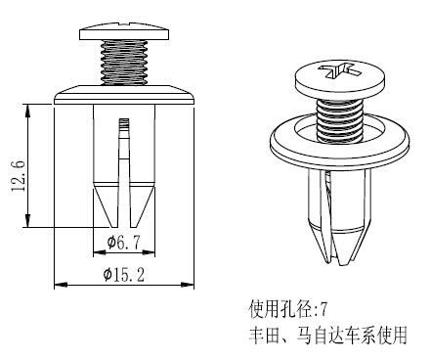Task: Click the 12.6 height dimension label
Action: [x=19, y=176]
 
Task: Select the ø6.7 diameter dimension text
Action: [x=124, y=243]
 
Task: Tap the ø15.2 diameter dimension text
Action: [x=124, y=274]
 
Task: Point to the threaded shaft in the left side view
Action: [x=124, y=63]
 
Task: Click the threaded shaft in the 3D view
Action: [x=340, y=120]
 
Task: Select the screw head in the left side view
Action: [x=124, y=31]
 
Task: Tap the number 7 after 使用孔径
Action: [x=323, y=309]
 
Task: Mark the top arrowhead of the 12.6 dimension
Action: [x=28, y=111]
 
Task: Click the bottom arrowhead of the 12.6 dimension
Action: [x=28, y=221]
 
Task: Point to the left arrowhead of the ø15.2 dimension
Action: [x=61, y=285]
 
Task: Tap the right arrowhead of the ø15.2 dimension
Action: [x=187, y=285]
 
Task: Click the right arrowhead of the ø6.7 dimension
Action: [x=148, y=252]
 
